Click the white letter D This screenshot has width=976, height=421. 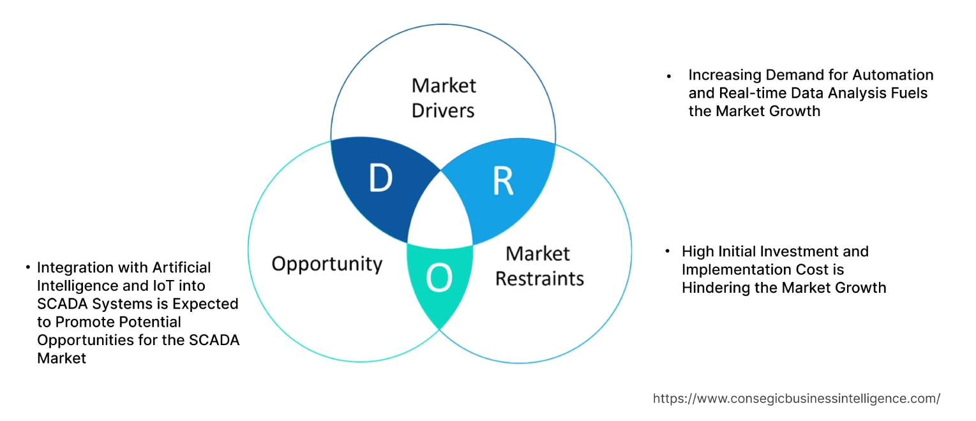[380, 179]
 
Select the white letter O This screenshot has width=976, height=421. [439, 278]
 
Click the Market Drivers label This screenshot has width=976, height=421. [443, 98]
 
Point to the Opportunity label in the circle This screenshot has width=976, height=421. [327, 263]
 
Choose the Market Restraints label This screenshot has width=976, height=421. [539, 266]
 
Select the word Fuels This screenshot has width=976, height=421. [906, 93]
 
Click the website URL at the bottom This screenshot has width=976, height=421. [796, 399]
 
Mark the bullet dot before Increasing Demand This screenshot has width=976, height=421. [669, 76]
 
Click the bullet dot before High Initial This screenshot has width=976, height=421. [668, 252]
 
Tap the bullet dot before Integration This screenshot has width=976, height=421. [28, 267]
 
